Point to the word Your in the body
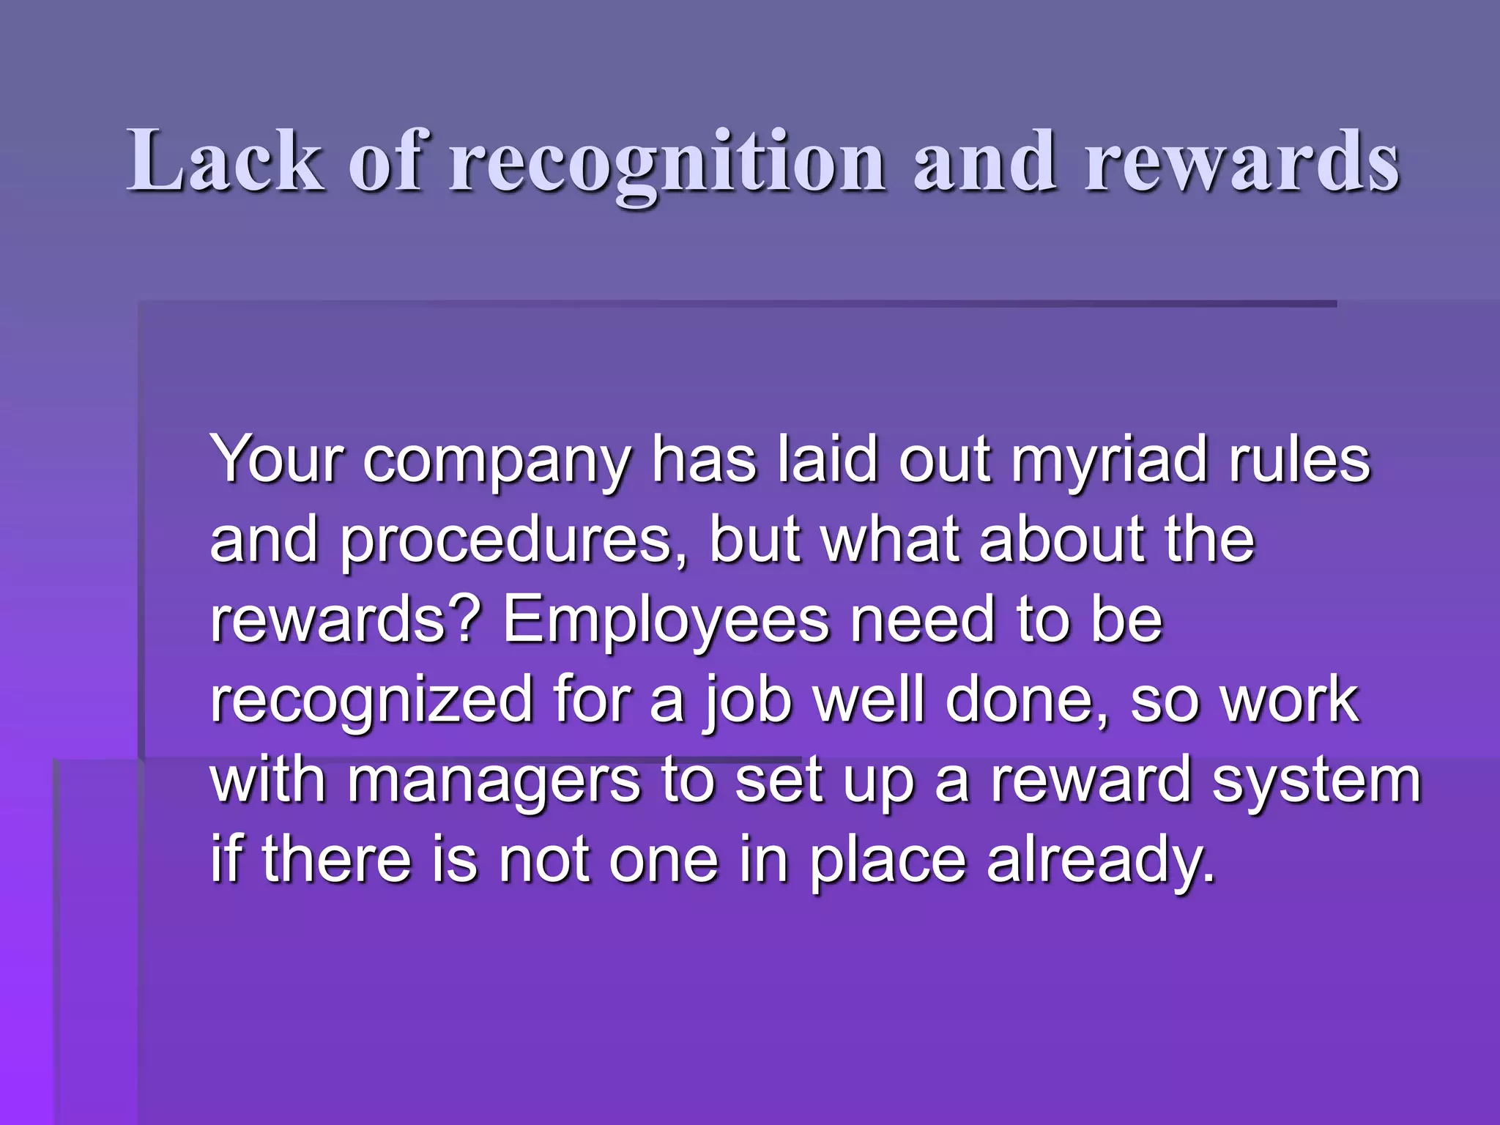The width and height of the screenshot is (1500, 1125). click(x=276, y=459)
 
